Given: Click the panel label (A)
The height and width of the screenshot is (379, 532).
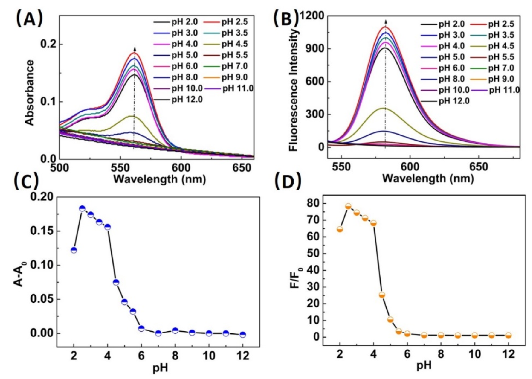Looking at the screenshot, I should (x=28, y=19).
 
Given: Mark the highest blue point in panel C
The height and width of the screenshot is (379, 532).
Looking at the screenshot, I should (x=82, y=209).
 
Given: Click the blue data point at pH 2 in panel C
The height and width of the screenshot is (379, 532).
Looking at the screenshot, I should (x=74, y=250).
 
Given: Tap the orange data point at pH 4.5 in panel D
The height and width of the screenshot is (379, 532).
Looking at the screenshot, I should (x=382, y=295).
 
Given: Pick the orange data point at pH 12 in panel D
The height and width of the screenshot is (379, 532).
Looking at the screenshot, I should (x=508, y=335).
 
